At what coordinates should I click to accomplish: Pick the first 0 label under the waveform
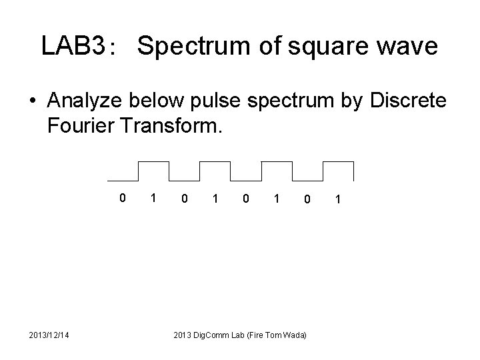pyautogui.click(x=122, y=197)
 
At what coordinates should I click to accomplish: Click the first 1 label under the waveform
pyautogui.click(x=153, y=197)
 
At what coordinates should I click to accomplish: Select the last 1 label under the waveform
pyautogui.click(x=339, y=198)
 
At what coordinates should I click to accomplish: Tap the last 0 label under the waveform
pyautogui.click(x=306, y=198)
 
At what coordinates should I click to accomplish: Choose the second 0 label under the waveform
pyautogui.click(x=184, y=197)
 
